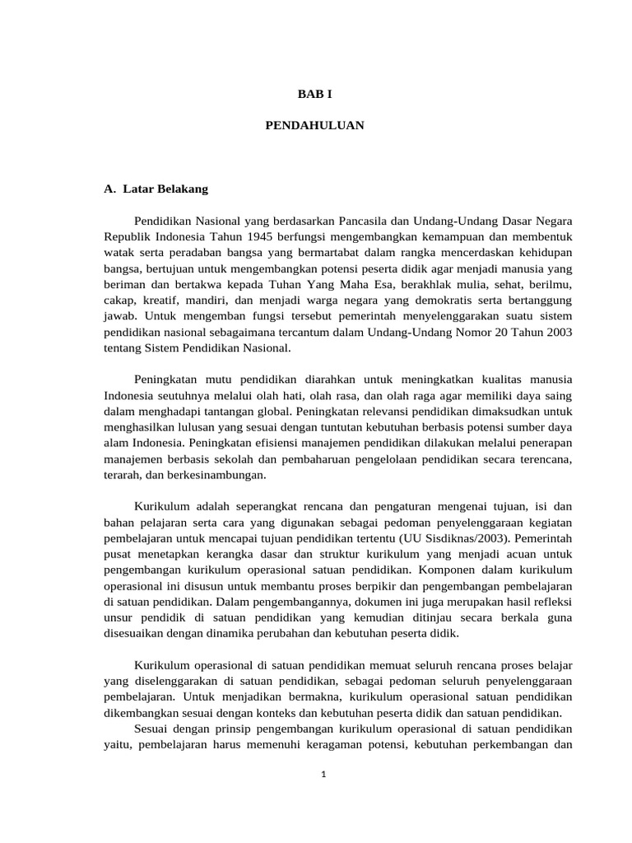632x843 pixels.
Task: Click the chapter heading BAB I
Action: click(315, 95)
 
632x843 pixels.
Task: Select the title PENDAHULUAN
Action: click(315, 126)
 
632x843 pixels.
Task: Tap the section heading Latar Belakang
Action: click(165, 189)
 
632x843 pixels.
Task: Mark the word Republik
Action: click(127, 237)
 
